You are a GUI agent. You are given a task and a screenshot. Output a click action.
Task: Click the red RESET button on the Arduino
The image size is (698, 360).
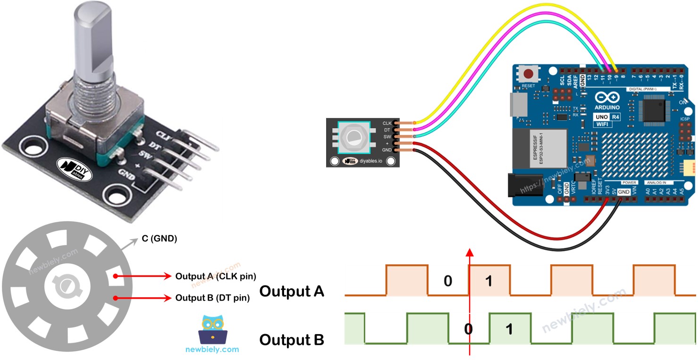coord(530,74)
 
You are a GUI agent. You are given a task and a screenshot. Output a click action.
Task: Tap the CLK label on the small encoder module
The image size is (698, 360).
coord(387,124)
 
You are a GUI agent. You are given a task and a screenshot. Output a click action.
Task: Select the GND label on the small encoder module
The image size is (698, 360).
coord(387,150)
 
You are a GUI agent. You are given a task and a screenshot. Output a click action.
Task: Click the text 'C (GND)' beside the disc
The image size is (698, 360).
coord(159,239)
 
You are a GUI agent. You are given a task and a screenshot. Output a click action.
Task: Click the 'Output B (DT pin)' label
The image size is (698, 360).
coord(212,298)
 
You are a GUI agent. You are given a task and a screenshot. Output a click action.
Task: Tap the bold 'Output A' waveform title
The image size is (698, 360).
coord(292,291)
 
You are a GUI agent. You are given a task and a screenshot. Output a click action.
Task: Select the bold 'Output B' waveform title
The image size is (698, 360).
coord(292,340)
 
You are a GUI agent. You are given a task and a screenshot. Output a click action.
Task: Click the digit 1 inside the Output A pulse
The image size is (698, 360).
coord(489,282)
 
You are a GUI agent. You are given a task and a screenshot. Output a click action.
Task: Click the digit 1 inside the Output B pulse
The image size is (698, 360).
coord(509,329)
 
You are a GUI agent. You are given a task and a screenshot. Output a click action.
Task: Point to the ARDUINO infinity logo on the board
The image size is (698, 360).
coord(607,98)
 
